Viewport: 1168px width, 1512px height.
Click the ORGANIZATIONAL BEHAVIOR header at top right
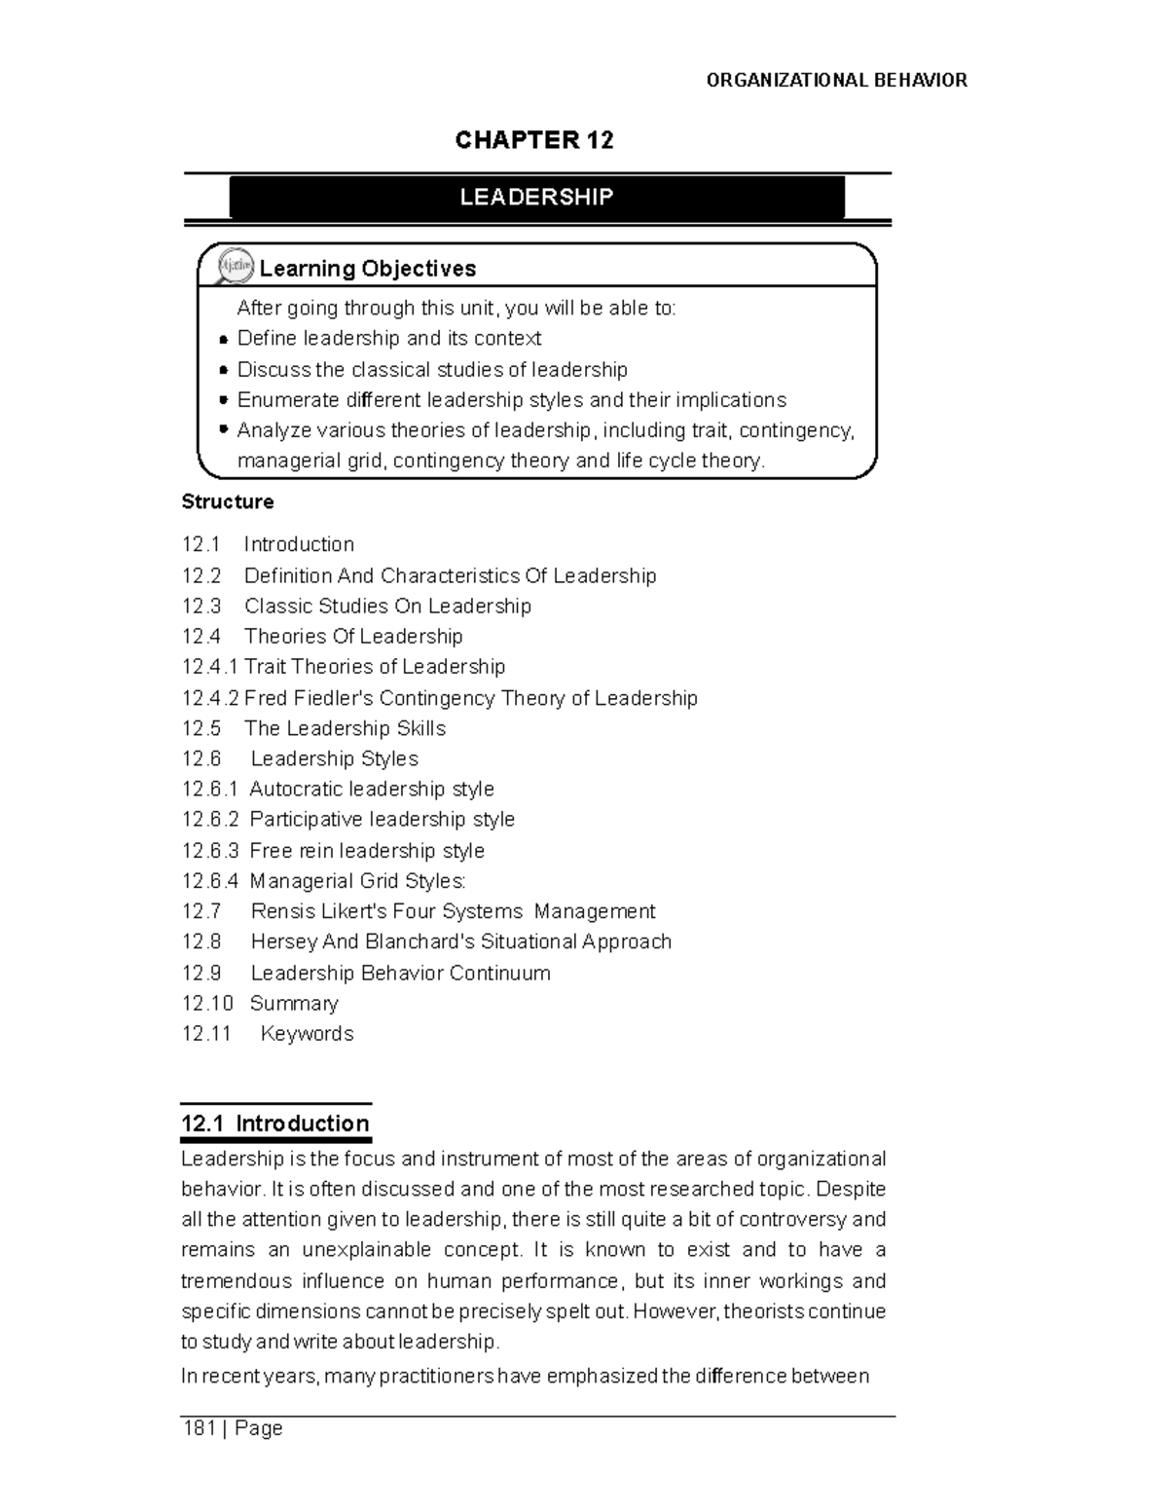(x=836, y=81)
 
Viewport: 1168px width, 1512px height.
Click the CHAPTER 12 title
(x=534, y=140)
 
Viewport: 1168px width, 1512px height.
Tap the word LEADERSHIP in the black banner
(x=536, y=198)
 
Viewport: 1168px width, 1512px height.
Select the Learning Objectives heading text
(x=368, y=269)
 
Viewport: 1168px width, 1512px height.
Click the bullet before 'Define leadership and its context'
(x=224, y=340)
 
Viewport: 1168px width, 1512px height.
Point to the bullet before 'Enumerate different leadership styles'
(x=224, y=400)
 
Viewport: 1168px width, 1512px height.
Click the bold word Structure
(x=228, y=502)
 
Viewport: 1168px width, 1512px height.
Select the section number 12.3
(x=201, y=607)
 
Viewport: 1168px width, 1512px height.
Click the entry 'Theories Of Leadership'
(x=353, y=637)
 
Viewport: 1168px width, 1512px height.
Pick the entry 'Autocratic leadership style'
(x=372, y=790)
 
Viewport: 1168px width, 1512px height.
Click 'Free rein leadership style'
(x=367, y=851)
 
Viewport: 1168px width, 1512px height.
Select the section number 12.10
(x=207, y=1004)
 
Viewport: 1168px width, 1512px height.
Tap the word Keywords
(x=307, y=1034)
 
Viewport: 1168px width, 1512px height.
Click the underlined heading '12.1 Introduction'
(x=275, y=1124)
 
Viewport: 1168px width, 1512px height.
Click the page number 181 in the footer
(x=199, y=1429)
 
